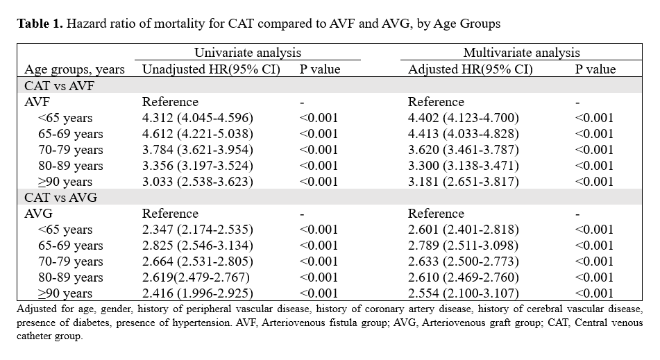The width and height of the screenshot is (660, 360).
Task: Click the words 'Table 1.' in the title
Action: [40, 23]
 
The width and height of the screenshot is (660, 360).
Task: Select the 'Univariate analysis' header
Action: [248, 53]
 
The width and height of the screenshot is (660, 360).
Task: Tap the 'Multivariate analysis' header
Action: [521, 53]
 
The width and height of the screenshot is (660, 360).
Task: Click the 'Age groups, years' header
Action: [74, 69]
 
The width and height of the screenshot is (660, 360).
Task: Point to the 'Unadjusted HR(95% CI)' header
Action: [211, 69]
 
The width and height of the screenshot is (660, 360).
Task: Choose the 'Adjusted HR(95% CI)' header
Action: [471, 69]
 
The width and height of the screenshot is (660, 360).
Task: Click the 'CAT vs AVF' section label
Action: [60, 86]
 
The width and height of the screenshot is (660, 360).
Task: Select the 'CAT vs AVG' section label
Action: [60, 198]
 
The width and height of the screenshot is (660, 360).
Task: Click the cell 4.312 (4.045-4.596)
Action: [198, 118]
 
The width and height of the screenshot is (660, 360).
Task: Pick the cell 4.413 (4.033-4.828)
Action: [464, 134]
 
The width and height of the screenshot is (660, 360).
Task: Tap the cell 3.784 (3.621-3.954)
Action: [198, 150]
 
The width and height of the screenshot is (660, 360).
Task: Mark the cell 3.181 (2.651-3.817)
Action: [464, 182]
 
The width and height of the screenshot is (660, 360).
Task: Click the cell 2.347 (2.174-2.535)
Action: [198, 230]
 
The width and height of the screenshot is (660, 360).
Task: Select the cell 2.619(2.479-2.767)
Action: [196, 277]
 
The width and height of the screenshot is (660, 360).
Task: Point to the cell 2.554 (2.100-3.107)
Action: [464, 293]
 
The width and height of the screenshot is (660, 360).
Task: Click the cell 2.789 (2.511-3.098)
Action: [464, 246]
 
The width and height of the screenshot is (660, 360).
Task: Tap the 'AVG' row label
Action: [39, 214]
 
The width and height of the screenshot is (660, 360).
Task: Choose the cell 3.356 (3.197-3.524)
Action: [198, 166]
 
